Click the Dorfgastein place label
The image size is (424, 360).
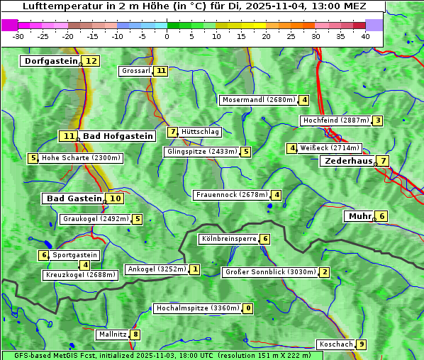tap(50, 61)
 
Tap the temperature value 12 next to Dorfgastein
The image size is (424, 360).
tap(91, 61)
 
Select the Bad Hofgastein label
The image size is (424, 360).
tap(117, 136)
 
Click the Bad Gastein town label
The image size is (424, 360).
tap(74, 198)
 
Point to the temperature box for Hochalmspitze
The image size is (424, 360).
tap(247, 308)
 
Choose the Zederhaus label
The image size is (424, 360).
tap(348, 161)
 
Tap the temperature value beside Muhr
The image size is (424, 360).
tap(381, 216)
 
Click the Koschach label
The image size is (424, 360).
tap(335, 344)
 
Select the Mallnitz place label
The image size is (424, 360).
tap(112, 334)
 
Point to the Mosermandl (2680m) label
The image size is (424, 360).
tap(258, 100)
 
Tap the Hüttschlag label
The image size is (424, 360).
tap(200, 132)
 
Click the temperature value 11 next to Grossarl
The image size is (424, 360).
tap(161, 71)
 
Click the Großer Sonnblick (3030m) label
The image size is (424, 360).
tap(269, 272)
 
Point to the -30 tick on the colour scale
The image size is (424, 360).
tap(18, 36)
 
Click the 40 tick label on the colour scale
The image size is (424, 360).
tap(365, 36)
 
